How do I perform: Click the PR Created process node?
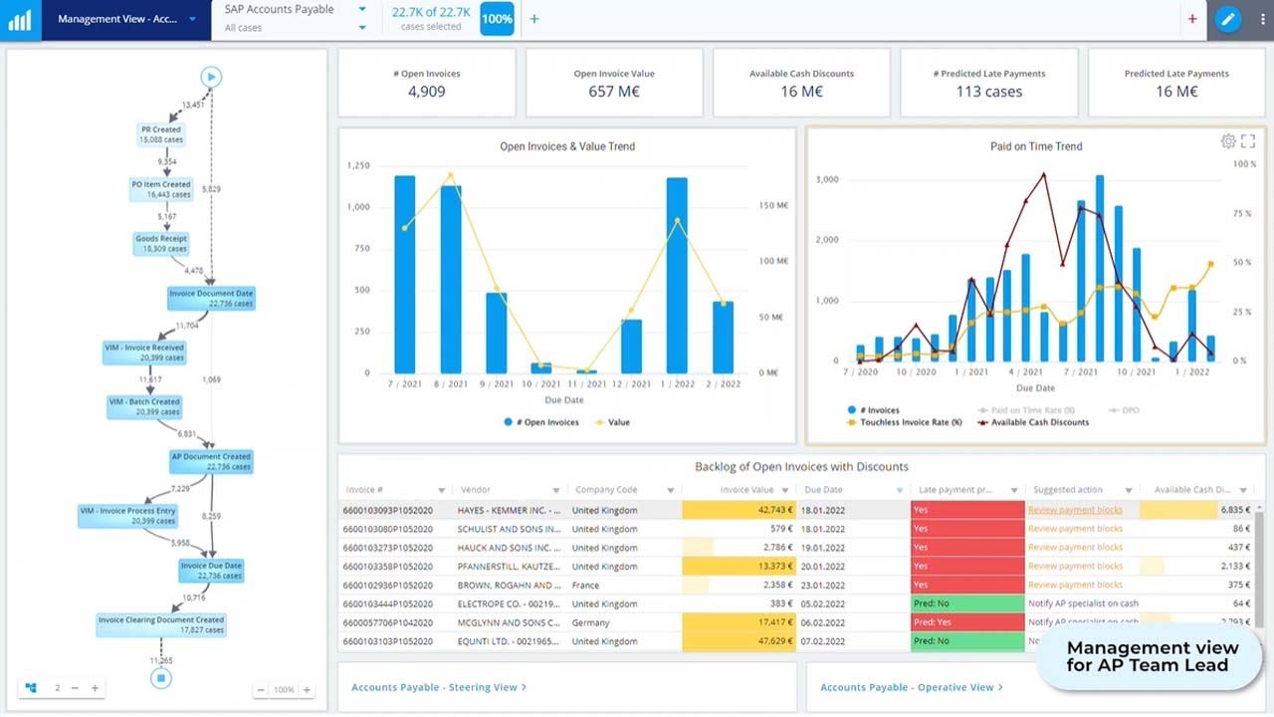(159, 134)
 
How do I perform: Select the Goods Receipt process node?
(161, 244)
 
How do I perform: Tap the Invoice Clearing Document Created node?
(161, 624)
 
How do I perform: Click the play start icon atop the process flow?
(210, 77)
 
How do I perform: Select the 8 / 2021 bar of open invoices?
(451, 279)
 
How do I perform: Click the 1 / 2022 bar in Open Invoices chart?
(677, 275)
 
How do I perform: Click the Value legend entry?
(613, 422)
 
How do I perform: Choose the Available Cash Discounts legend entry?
(1032, 422)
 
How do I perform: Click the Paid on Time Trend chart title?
(1035, 146)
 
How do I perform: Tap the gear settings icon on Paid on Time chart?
(1228, 141)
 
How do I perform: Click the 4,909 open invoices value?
(427, 92)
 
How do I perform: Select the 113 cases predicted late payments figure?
(988, 92)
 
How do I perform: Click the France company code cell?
(586, 586)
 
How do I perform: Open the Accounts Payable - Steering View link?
(438, 687)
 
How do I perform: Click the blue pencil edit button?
(1228, 19)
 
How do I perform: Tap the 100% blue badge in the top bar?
(497, 19)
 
